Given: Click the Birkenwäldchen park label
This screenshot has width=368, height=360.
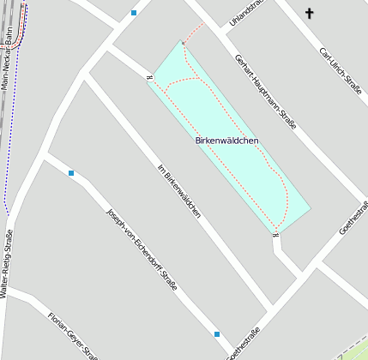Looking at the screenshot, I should pyautogui.click(x=227, y=140).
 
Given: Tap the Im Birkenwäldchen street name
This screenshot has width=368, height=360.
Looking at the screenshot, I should pyautogui.click(x=180, y=189).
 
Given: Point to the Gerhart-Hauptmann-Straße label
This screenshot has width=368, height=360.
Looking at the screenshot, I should pyautogui.click(x=265, y=92).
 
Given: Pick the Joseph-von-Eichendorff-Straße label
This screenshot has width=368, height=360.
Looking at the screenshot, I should pyautogui.click(x=141, y=249).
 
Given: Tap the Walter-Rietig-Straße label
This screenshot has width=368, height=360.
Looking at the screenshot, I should pyautogui.click(x=7, y=262).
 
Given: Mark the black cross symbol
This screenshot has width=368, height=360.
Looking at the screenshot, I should pyautogui.click(x=310, y=13).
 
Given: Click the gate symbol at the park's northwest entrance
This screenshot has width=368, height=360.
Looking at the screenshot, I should pyautogui.click(x=149, y=79).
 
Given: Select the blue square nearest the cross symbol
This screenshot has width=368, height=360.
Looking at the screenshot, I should pyautogui.click(x=134, y=13).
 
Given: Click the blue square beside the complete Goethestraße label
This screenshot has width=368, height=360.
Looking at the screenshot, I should pyautogui.click(x=218, y=333).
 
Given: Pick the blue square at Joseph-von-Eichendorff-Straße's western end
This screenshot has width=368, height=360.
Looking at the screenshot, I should pyautogui.click(x=71, y=173).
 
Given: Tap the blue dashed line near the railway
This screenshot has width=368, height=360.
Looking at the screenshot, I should pyautogui.click(x=8, y=154).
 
